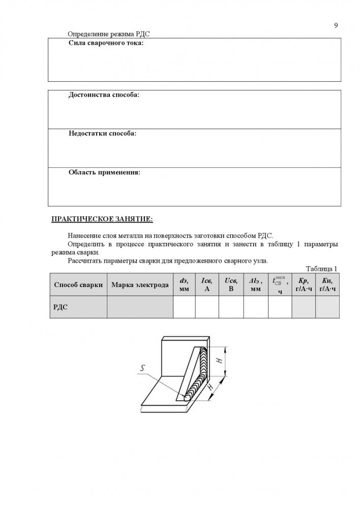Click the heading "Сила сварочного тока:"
pyautogui.click(x=106, y=43)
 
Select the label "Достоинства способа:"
pyautogui.click(x=104, y=95)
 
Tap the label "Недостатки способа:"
pyautogui.click(x=102, y=134)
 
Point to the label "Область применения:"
pyautogui.click(x=104, y=172)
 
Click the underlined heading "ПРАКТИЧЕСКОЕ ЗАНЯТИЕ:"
pyautogui.click(x=102, y=219)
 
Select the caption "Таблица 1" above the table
pyautogui.click(x=321, y=269)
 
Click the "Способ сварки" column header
pyautogui.click(x=78, y=284)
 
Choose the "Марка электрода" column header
pyautogui.click(x=140, y=284)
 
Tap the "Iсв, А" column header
pyautogui.click(x=207, y=284)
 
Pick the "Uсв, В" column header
pyautogui.click(x=231, y=284)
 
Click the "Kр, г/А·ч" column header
pyautogui.click(x=304, y=284)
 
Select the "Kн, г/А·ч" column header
pyautogui.click(x=327, y=284)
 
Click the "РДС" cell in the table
pyautogui.click(x=61, y=307)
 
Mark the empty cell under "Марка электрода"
pyautogui.click(x=140, y=307)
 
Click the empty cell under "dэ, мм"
pyautogui.click(x=184, y=307)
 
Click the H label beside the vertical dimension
pyautogui.click(x=218, y=360)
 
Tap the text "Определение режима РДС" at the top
pyautogui.click(x=109, y=34)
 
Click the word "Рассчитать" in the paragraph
pyautogui.click(x=84, y=261)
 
